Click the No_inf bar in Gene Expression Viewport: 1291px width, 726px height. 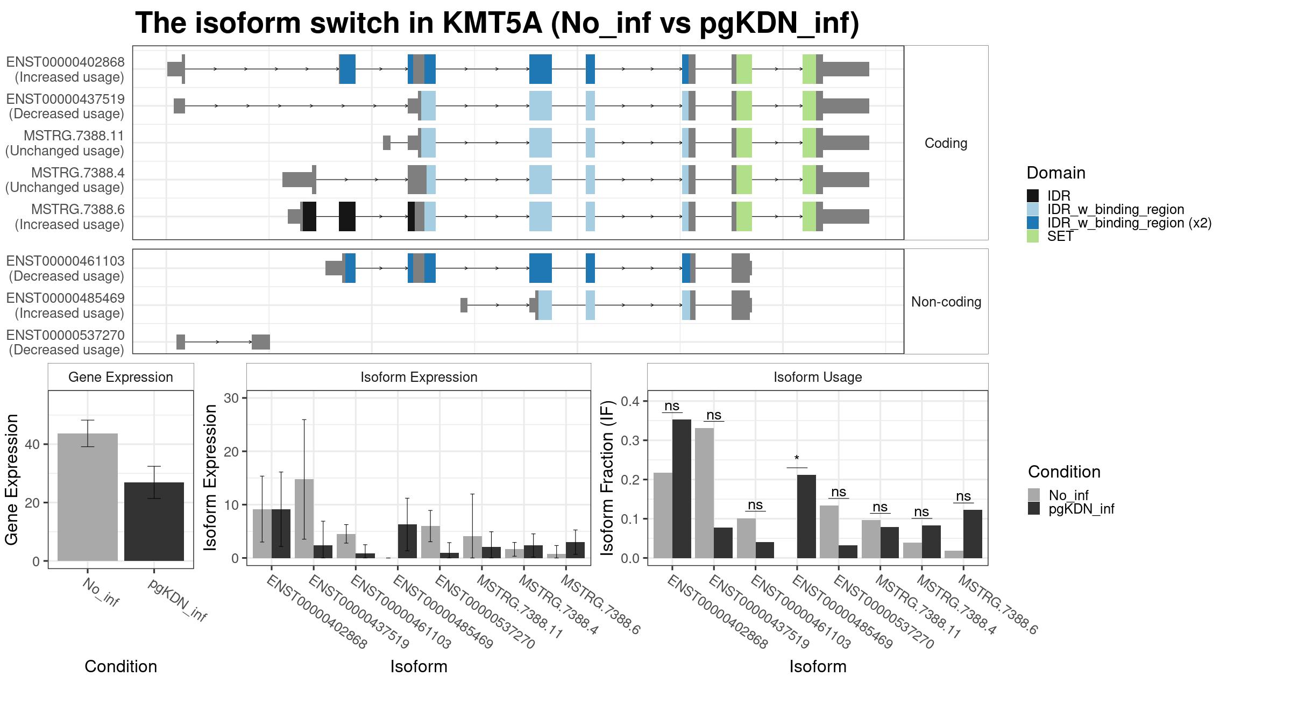point(87,497)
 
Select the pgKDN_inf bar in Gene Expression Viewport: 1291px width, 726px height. point(154,522)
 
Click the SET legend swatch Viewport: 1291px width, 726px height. point(1033,236)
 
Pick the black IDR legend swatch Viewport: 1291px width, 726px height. point(1033,196)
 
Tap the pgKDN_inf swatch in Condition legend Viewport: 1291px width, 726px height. point(1034,508)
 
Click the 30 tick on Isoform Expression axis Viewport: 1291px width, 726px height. point(231,398)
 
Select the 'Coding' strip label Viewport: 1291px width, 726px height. point(946,143)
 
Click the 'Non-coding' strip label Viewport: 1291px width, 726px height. point(946,302)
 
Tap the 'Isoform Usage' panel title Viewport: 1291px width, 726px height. point(818,377)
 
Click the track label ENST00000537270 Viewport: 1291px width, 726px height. point(66,335)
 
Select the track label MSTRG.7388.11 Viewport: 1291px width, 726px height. point(74,136)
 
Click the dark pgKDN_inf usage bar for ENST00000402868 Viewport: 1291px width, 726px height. point(682,489)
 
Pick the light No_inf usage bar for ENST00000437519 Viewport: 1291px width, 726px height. point(704,493)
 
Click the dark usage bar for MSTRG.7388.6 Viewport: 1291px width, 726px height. point(973,534)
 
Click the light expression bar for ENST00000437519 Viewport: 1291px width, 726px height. point(304,518)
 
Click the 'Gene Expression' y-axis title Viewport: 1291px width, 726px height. point(11,479)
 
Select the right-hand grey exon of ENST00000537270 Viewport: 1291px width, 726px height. point(261,342)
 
